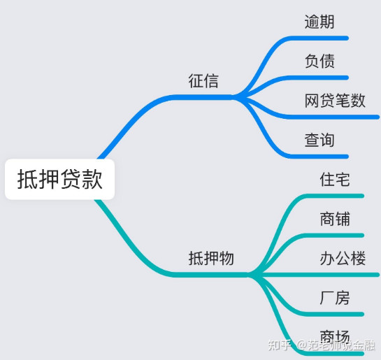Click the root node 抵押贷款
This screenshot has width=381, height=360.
[59, 179]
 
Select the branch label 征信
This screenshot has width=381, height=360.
[203, 80]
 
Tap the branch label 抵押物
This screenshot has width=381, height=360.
[211, 258]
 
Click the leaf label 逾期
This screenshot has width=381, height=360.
[319, 22]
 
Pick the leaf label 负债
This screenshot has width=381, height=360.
[319, 61]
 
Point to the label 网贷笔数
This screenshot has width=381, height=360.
[335, 101]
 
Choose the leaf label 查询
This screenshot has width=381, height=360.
[319, 140]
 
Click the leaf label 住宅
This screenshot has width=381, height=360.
[335, 180]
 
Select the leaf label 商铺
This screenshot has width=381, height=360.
[335, 219]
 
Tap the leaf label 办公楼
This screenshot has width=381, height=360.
[343, 258]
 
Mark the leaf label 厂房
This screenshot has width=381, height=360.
[335, 298]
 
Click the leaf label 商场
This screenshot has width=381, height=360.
[335, 337]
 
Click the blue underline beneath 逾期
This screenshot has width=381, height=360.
[318, 38]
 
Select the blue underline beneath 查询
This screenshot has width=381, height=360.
[318, 157]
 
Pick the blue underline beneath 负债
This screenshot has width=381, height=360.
[318, 78]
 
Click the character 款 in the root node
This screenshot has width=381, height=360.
[92, 179]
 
